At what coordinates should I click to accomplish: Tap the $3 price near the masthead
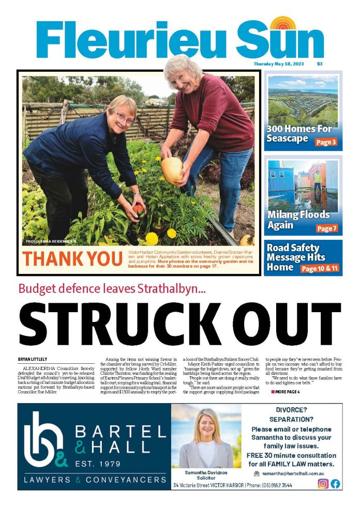320,64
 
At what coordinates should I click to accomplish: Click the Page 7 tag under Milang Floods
327,228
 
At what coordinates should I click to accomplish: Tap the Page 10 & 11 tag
320,269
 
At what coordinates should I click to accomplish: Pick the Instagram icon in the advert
323,484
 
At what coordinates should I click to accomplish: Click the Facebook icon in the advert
335,484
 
